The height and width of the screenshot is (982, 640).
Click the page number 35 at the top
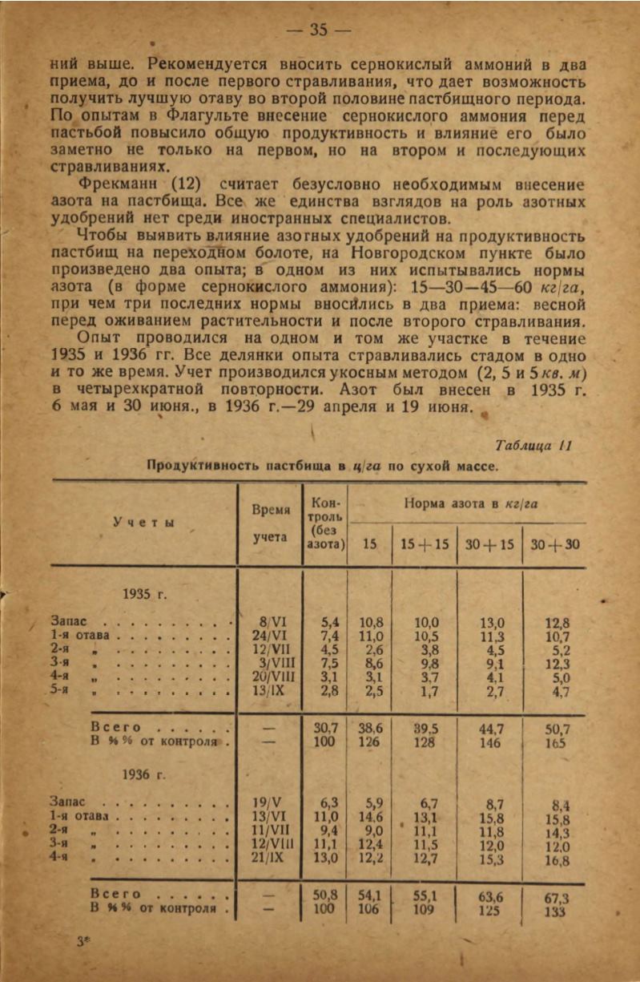coord(319,30)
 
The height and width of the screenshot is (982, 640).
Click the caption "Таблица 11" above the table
coord(533,445)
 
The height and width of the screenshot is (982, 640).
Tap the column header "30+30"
coord(555,544)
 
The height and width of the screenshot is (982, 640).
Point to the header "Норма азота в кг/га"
coord(469,504)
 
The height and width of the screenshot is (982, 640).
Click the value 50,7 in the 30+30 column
coord(556,729)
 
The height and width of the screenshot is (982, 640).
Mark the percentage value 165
coord(556,743)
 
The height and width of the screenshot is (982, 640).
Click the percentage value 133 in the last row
coord(553,911)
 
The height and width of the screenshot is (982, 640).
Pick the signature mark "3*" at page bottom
coord(82,943)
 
